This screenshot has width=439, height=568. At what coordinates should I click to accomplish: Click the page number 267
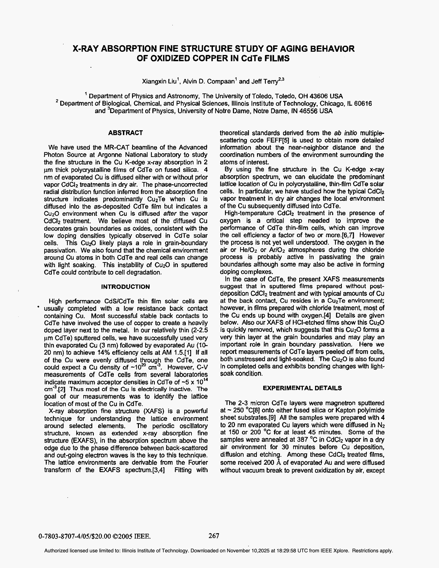[x=214, y=536]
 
